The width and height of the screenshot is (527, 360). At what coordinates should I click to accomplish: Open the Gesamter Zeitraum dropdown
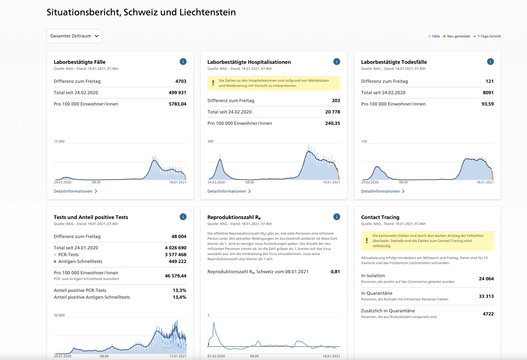(x=74, y=36)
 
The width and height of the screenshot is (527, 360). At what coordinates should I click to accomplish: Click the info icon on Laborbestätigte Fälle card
(x=183, y=61)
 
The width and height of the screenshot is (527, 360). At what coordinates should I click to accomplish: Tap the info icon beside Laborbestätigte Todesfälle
(x=490, y=61)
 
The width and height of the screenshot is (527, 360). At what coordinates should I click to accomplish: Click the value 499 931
(x=177, y=93)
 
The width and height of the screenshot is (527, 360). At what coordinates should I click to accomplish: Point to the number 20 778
(x=332, y=112)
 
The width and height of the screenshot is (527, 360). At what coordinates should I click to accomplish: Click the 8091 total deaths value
(x=488, y=93)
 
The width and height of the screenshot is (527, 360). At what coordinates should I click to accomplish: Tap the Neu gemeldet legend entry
(x=456, y=36)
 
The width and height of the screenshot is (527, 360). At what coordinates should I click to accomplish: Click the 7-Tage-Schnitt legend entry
(x=487, y=36)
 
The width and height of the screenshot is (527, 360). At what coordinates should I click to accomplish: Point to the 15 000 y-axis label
(x=59, y=141)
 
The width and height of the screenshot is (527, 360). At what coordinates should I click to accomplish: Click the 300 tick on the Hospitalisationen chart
(x=210, y=141)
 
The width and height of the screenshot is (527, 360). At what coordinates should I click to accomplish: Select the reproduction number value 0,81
(x=335, y=272)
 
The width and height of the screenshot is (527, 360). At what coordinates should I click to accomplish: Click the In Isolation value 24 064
(x=486, y=279)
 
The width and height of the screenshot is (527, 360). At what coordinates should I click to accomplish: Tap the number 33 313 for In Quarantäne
(x=486, y=296)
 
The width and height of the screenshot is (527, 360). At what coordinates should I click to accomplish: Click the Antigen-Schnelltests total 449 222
(x=177, y=262)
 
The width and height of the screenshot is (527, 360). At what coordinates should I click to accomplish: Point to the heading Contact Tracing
(x=380, y=217)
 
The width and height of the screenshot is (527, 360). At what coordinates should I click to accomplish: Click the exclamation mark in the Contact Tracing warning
(x=367, y=241)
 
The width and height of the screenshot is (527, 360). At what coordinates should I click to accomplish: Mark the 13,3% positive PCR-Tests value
(x=180, y=290)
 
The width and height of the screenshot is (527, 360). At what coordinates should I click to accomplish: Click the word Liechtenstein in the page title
(x=207, y=12)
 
